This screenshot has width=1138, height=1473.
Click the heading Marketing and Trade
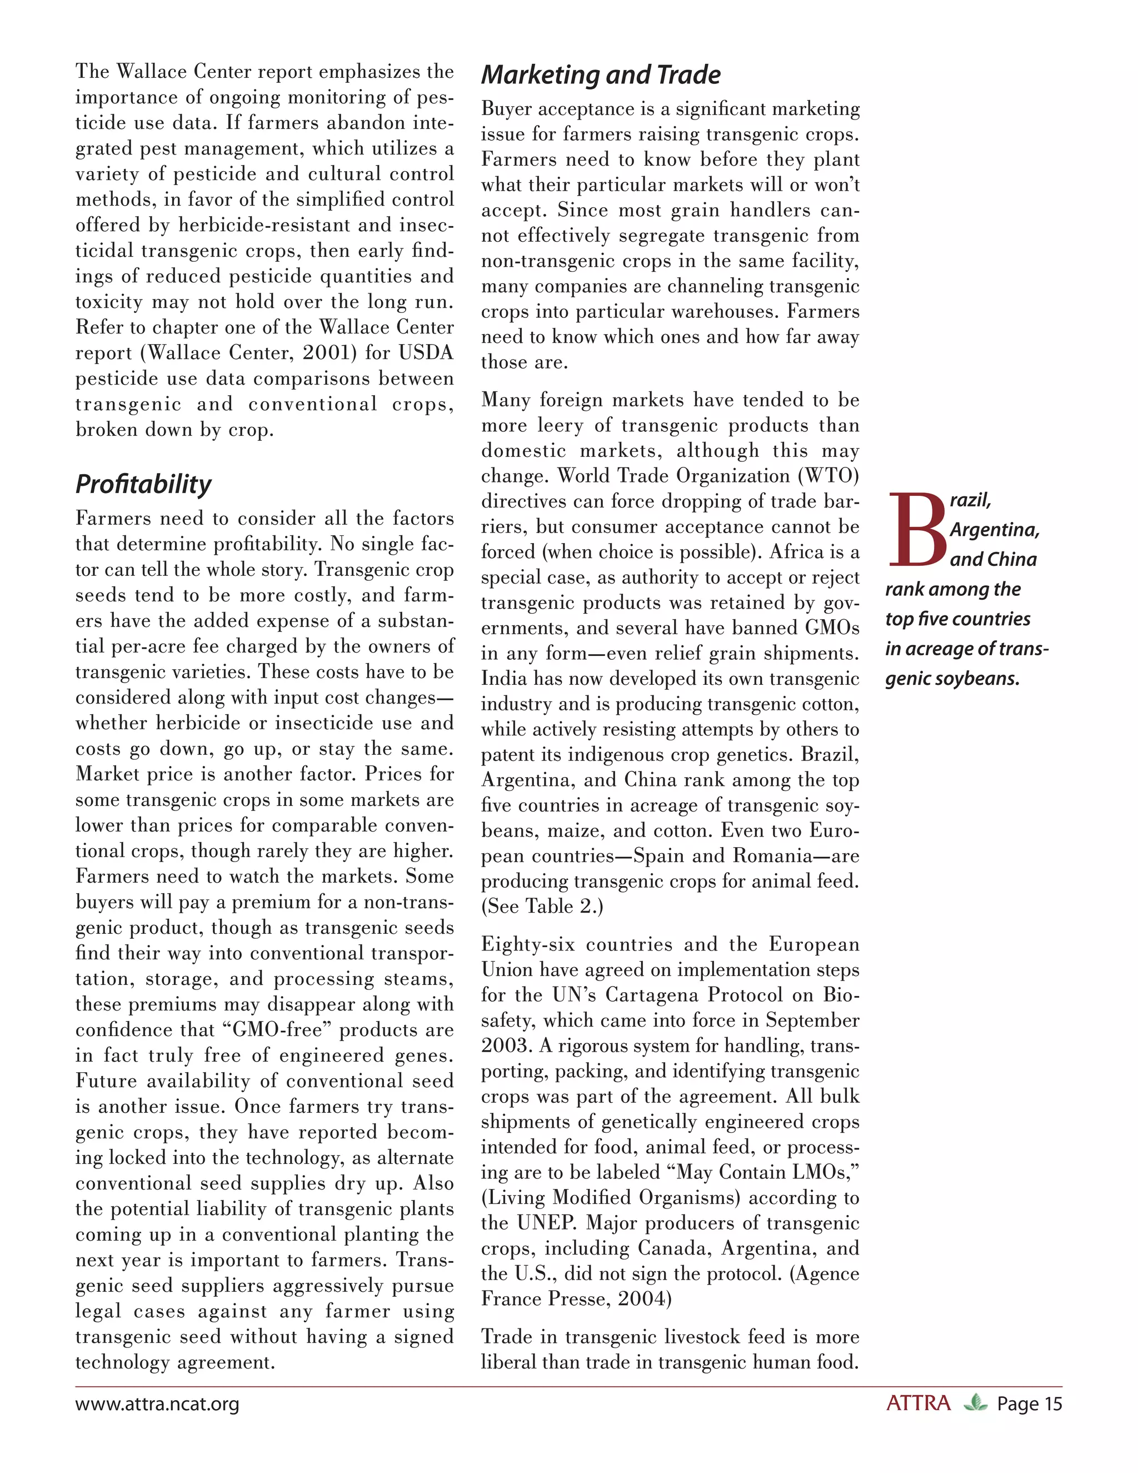coord(601,75)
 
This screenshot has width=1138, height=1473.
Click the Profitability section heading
coord(143,484)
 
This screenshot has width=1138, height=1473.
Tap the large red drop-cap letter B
coord(916,530)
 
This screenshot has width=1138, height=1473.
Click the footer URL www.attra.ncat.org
coord(157,1404)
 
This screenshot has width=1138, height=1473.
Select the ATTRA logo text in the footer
coord(918,1404)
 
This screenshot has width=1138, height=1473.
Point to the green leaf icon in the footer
coord(975,1404)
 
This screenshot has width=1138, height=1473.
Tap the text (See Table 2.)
coord(542,907)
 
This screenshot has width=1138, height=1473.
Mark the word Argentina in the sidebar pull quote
coord(994,530)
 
